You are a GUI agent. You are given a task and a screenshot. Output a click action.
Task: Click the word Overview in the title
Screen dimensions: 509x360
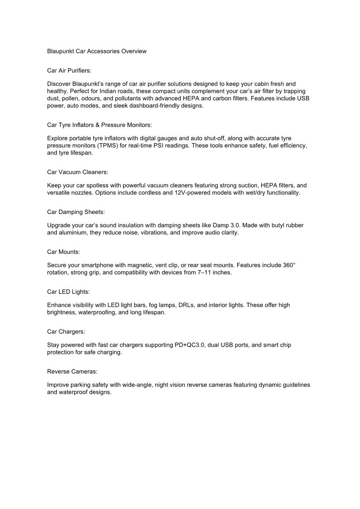coord(134,51)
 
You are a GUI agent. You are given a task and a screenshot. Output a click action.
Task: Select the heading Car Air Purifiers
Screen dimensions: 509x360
coord(69,71)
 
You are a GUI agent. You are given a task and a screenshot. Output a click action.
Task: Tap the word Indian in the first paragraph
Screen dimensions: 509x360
coord(109,91)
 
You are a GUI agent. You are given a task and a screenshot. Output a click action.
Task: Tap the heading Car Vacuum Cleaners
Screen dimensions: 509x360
coord(78,172)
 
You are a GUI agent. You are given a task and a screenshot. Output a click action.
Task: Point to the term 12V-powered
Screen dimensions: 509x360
coord(205,193)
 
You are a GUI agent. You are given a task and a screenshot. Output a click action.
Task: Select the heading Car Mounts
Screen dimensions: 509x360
coord(63,252)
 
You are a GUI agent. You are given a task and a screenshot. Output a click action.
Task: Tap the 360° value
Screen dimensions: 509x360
coord(289,265)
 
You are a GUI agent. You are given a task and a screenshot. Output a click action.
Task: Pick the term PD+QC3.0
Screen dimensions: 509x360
coord(190,345)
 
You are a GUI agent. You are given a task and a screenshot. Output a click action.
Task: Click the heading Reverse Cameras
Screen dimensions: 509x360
coord(72,371)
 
